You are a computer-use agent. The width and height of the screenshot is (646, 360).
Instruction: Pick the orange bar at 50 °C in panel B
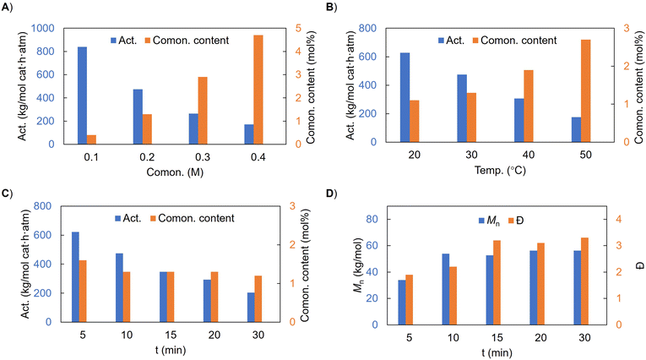pos(586,90)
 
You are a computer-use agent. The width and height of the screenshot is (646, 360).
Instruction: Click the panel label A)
pos(8,8)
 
